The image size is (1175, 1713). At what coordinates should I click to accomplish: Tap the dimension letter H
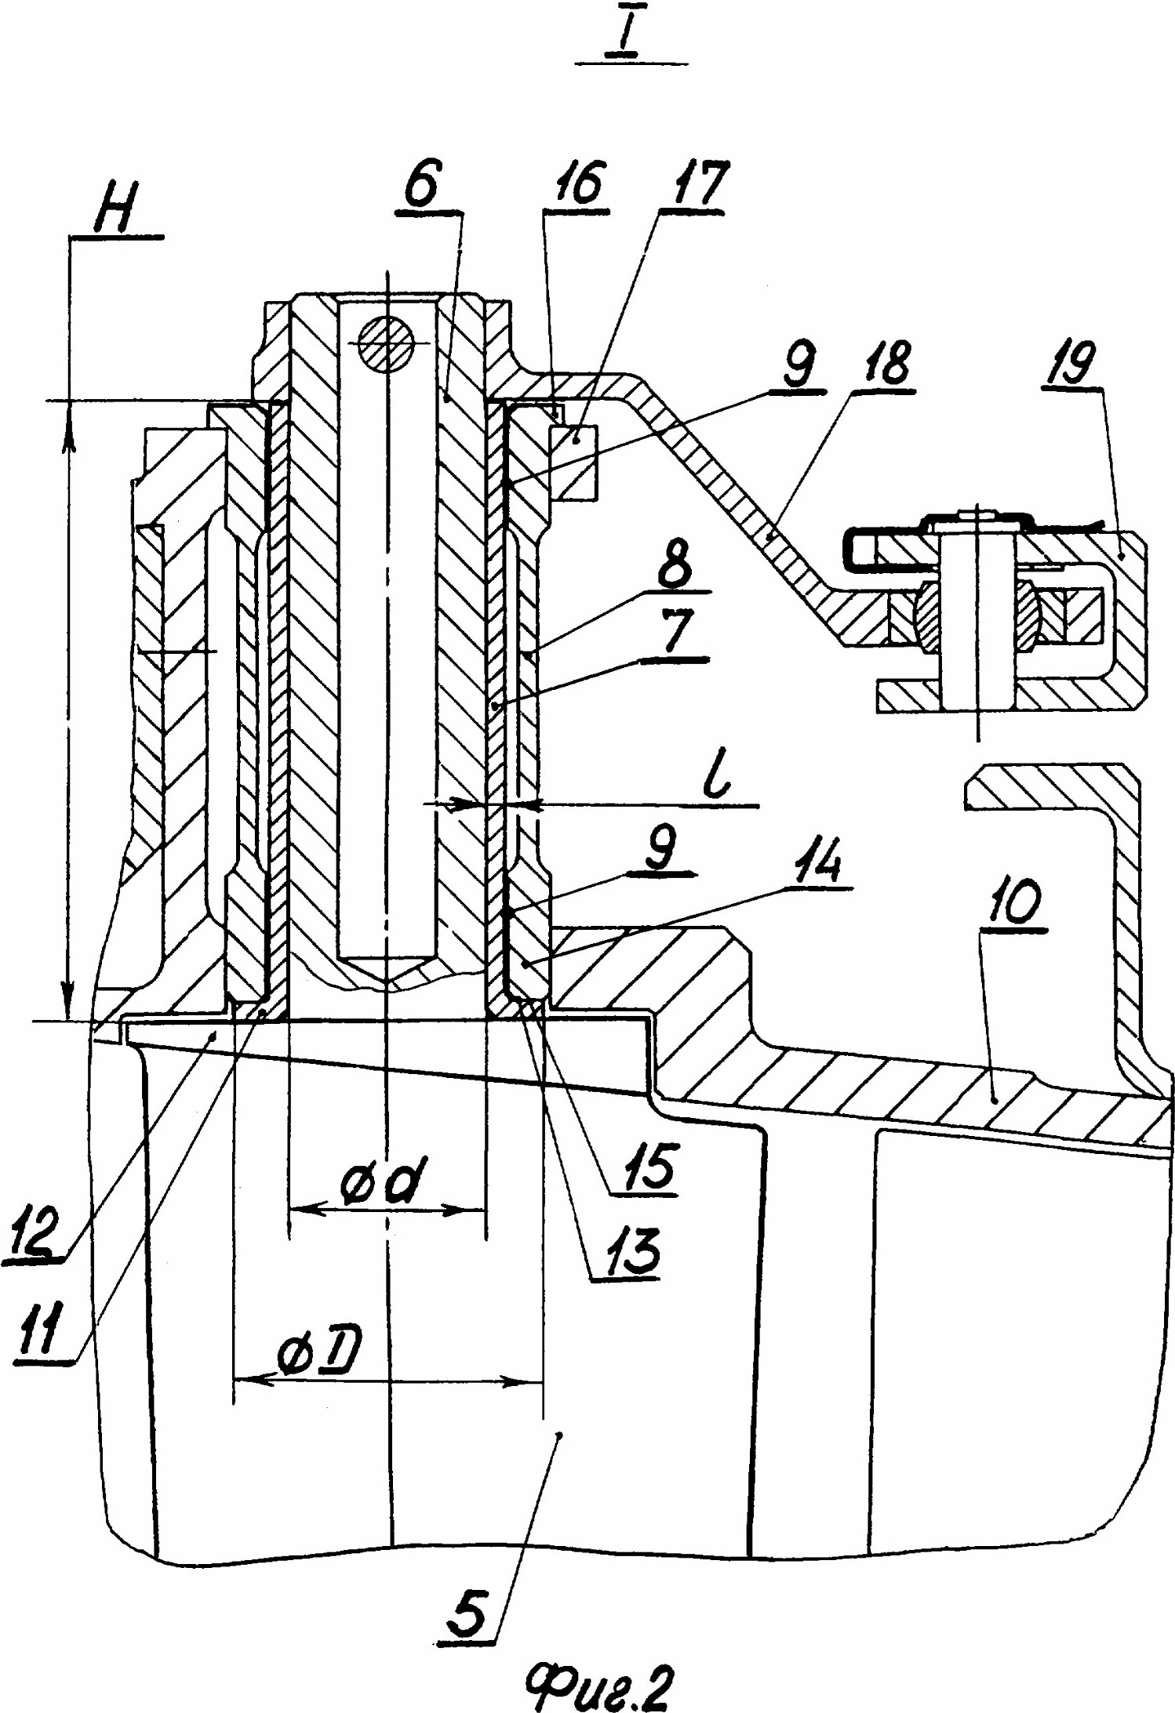coord(116,208)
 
